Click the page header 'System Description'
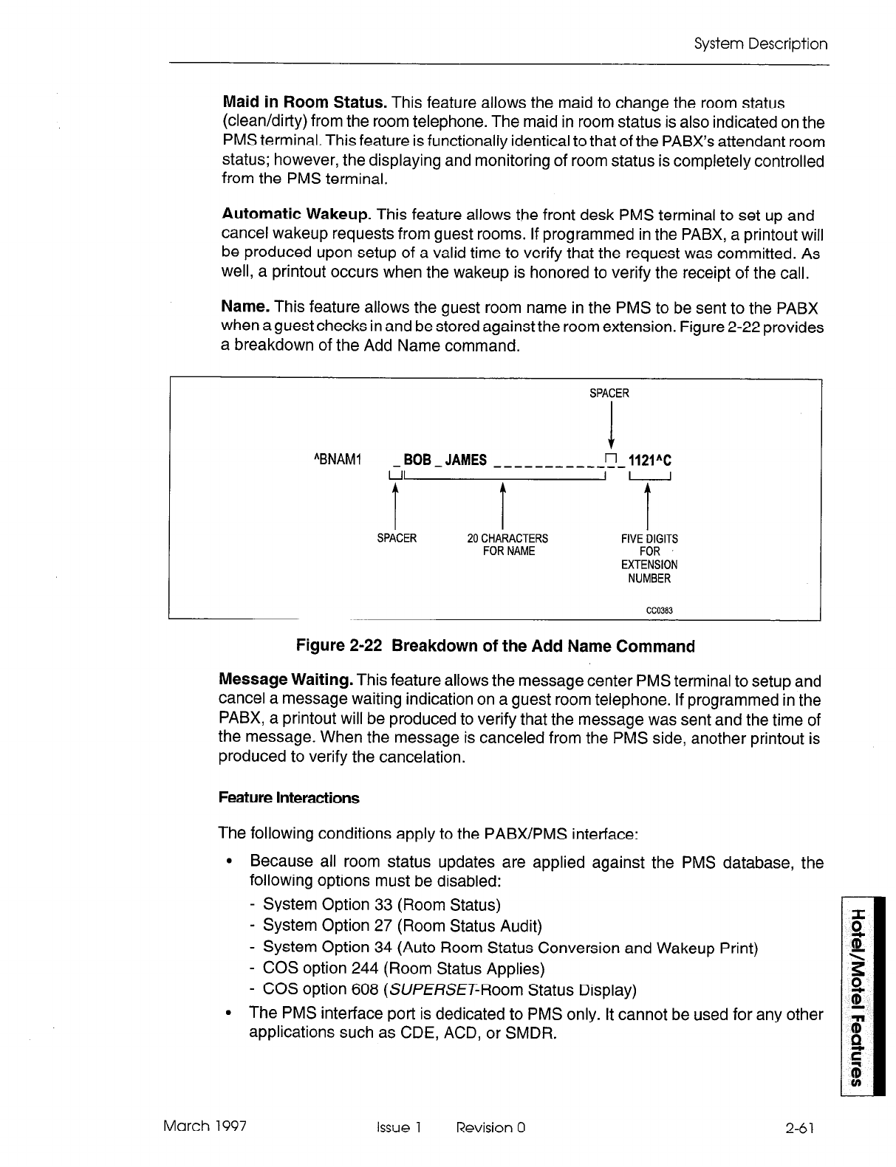(x=761, y=44)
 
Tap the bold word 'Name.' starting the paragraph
(x=244, y=306)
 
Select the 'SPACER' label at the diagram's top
(x=609, y=393)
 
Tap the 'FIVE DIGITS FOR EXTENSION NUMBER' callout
(x=649, y=559)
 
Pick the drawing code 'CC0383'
(x=658, y=610)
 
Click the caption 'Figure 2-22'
(x=338, y=647)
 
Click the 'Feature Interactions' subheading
(x=289, y=798)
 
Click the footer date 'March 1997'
(x=205, y=1126)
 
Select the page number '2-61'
(x=801, y=1127)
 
